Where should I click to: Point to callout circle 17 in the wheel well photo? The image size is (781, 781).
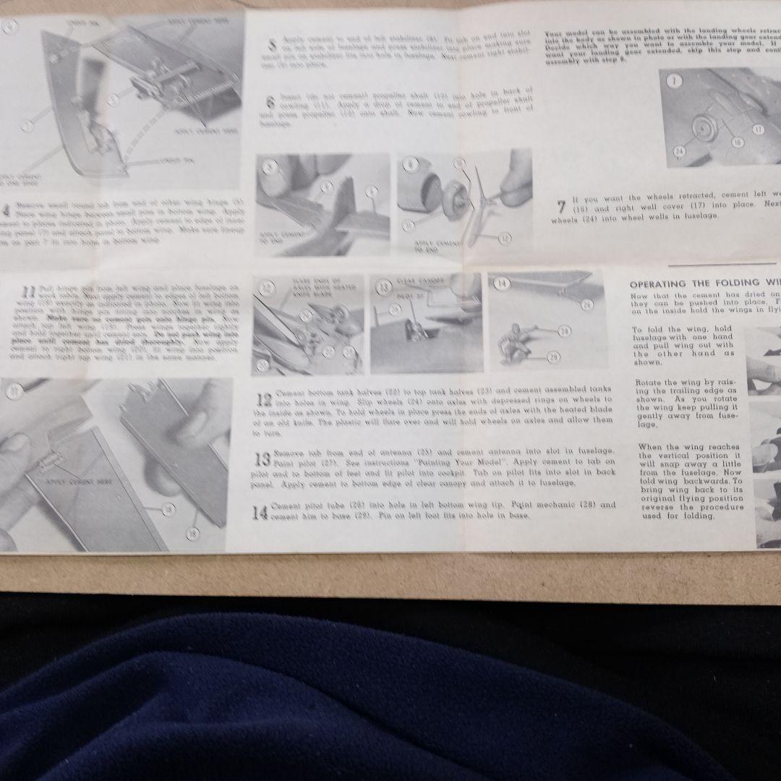point(758,129)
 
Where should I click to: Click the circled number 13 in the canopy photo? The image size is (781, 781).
point(384,286)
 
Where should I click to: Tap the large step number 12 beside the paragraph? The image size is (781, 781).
point(265,400)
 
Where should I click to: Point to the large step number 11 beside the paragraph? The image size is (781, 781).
point(28,293)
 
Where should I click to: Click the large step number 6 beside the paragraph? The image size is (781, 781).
point(270,103)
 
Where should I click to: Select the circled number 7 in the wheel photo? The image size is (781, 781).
point(675,81)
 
